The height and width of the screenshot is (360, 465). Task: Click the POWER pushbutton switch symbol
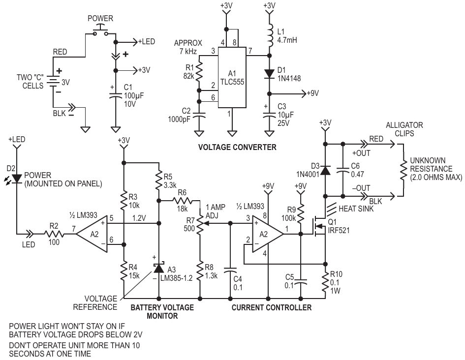(100, 31)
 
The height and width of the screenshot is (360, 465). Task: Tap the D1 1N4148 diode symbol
(269, 73)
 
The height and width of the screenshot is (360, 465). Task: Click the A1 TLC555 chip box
(232, 77)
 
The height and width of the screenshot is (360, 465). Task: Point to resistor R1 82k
(199, 72)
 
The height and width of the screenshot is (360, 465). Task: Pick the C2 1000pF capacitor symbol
(199, 115)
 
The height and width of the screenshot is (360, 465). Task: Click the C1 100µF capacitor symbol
(116, 96)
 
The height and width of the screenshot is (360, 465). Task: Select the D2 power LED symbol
(17, 179)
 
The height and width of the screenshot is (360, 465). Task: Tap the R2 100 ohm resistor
(54, 234)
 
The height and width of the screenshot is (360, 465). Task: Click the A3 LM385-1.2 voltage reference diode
(159, 268)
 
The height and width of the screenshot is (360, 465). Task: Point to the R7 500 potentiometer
(200, 223)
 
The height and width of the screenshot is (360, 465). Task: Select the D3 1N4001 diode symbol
(325, 170)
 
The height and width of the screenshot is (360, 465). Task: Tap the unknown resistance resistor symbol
(403, 170)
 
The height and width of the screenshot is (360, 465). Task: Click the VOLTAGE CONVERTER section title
(237, 147)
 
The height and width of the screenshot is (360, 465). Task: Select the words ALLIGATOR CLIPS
(404, 129)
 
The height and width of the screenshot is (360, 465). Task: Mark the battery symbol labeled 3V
(53, 82)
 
